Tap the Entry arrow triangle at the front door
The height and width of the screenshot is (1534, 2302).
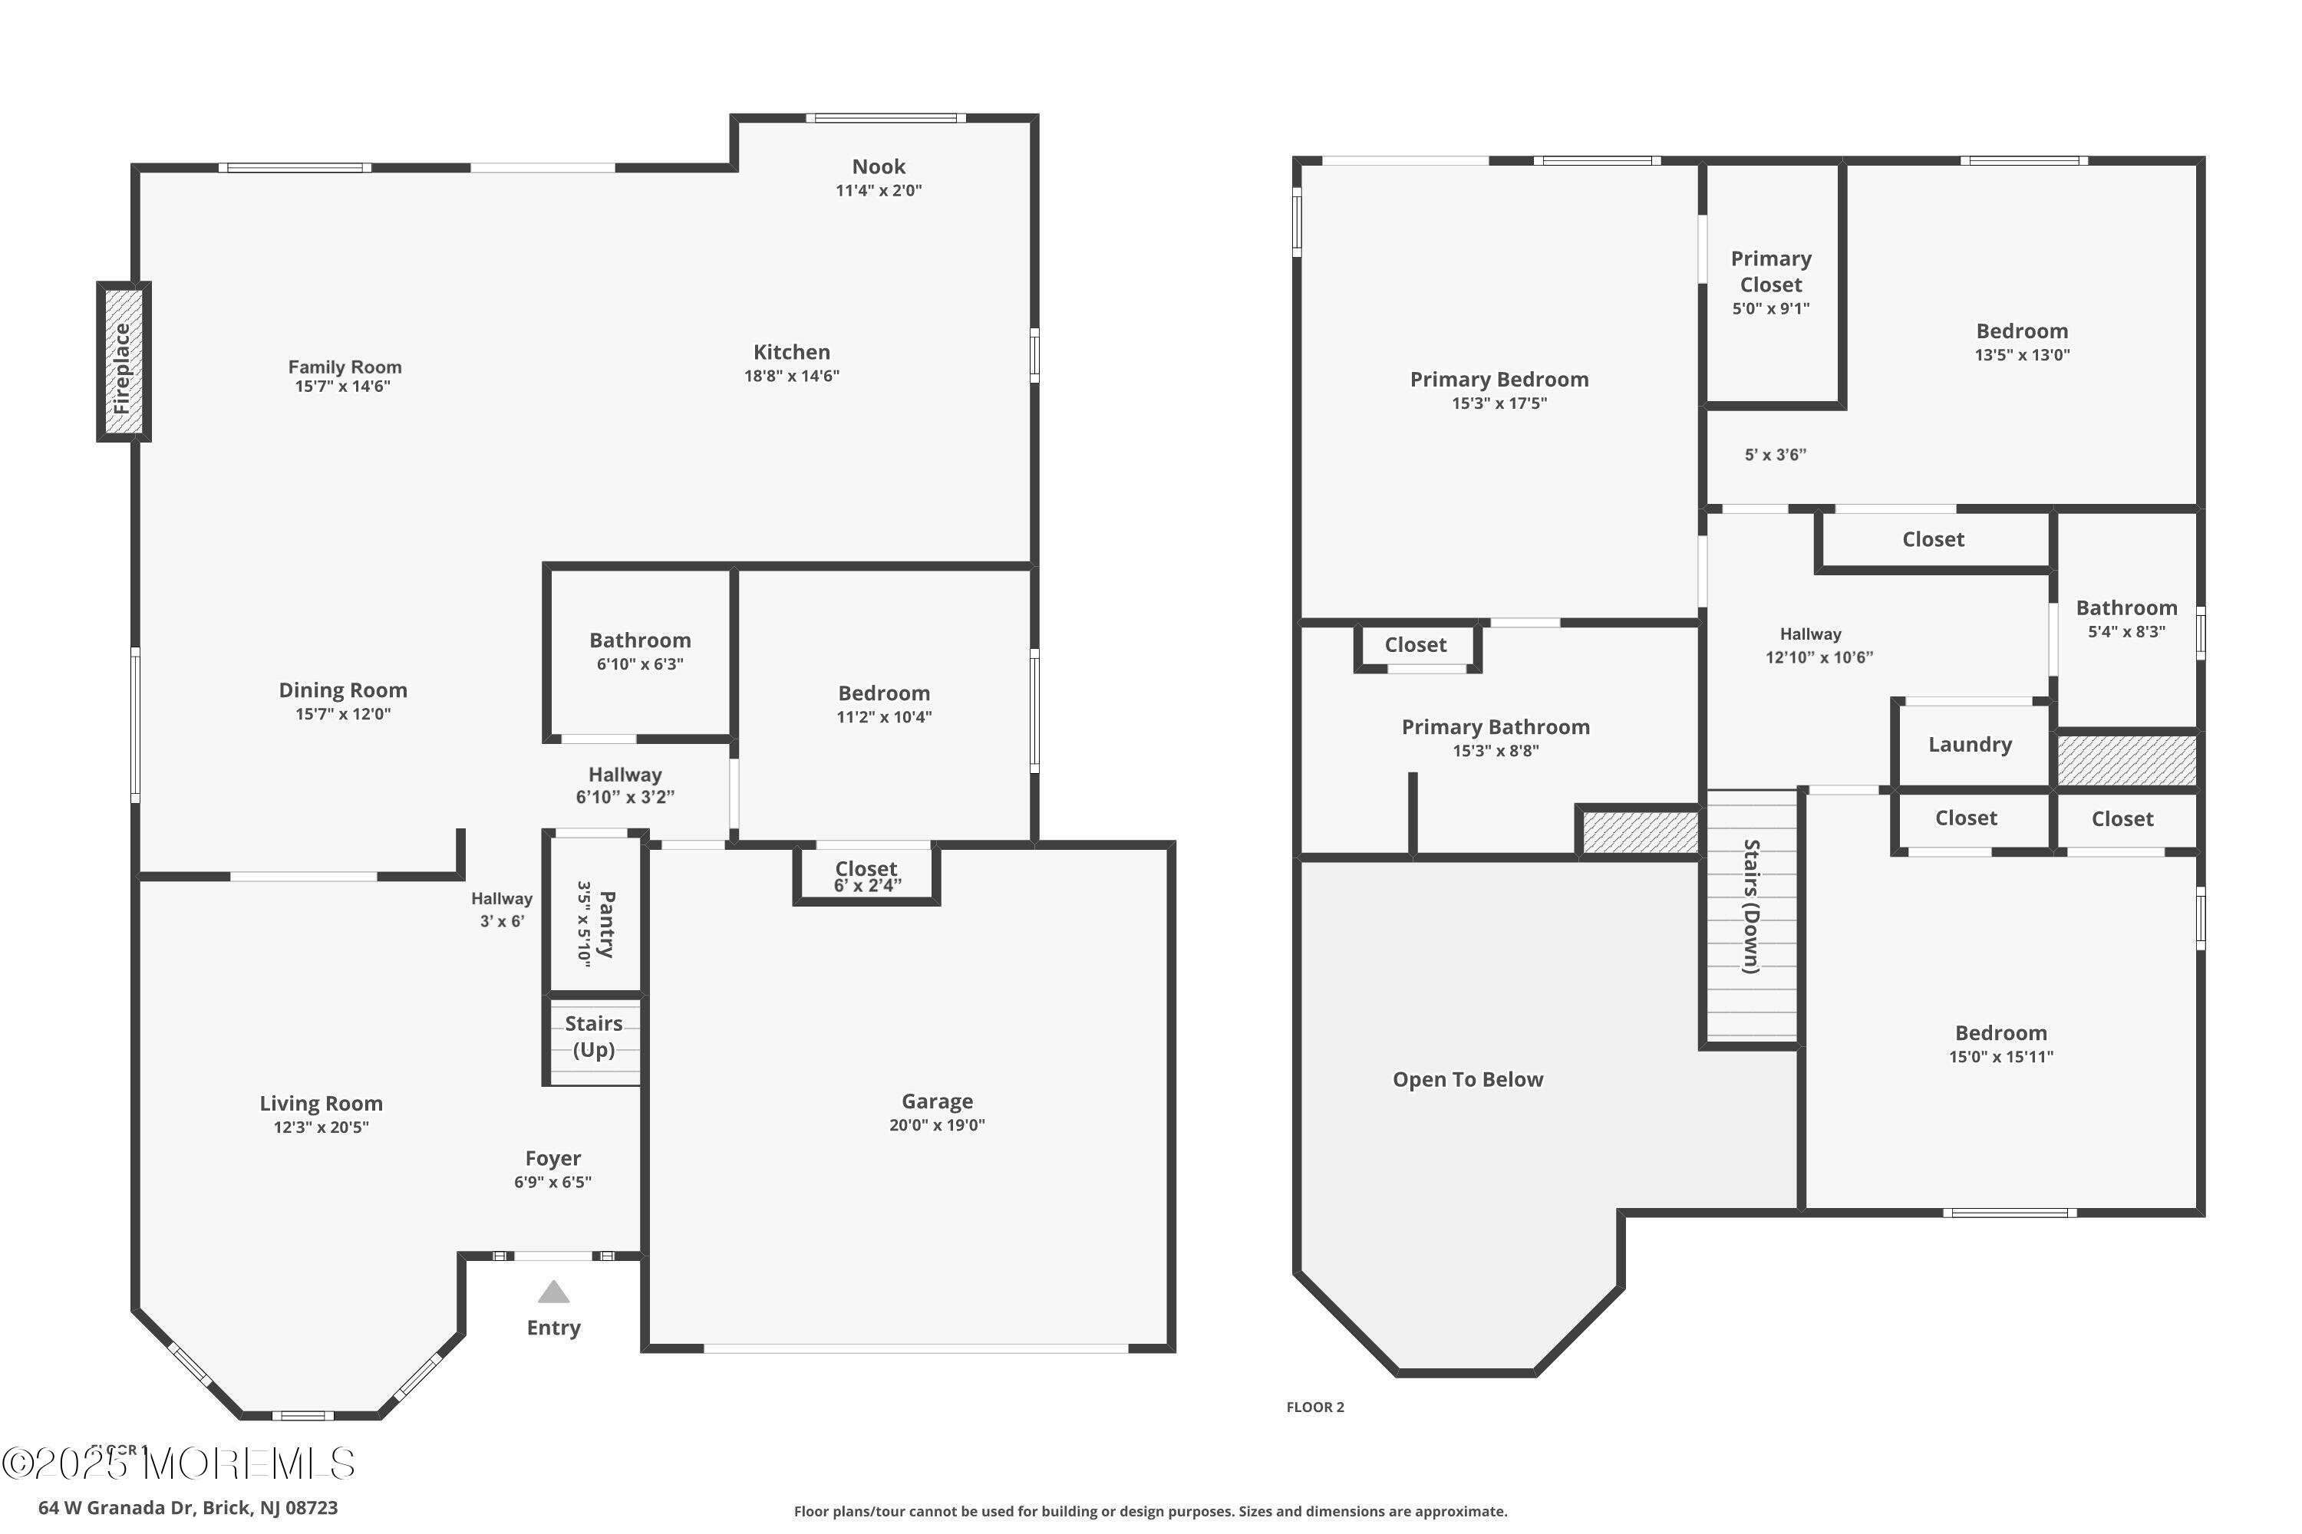553,1292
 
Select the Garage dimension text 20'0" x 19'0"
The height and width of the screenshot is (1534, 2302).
937,1125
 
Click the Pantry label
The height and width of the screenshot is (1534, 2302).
607,923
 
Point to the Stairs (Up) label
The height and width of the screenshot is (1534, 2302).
593,1036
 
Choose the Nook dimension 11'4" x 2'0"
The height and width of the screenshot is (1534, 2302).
878,191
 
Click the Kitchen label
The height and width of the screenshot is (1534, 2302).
791,352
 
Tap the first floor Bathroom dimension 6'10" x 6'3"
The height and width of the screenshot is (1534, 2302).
639,664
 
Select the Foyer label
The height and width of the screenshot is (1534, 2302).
553,1158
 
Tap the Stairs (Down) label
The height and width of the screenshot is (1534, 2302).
1751,906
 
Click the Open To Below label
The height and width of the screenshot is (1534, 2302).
1467,1079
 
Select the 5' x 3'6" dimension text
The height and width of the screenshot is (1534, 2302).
1774,455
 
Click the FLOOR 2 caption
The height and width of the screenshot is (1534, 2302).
1314,1407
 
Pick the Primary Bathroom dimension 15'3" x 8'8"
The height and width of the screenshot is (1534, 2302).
1496,752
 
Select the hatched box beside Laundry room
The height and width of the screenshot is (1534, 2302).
2126,760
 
